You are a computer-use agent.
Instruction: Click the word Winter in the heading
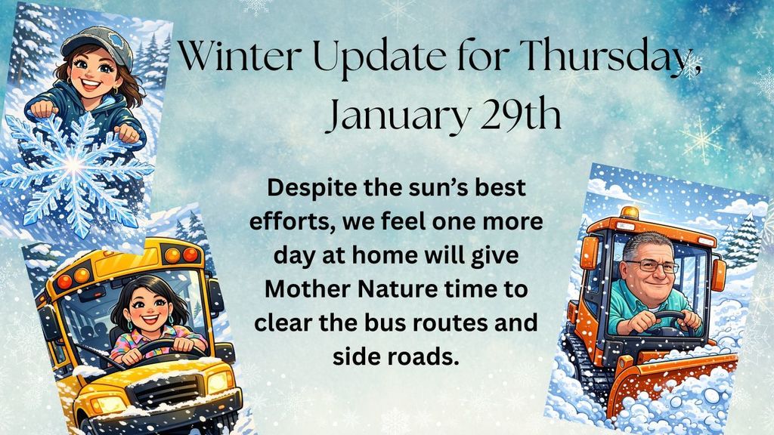pyautogui.click(x=240, y=54)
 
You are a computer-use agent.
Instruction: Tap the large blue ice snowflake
pyautogui.click(x=74, y=168)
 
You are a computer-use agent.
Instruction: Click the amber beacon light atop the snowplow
pyautogui.click(x=630, y=213)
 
